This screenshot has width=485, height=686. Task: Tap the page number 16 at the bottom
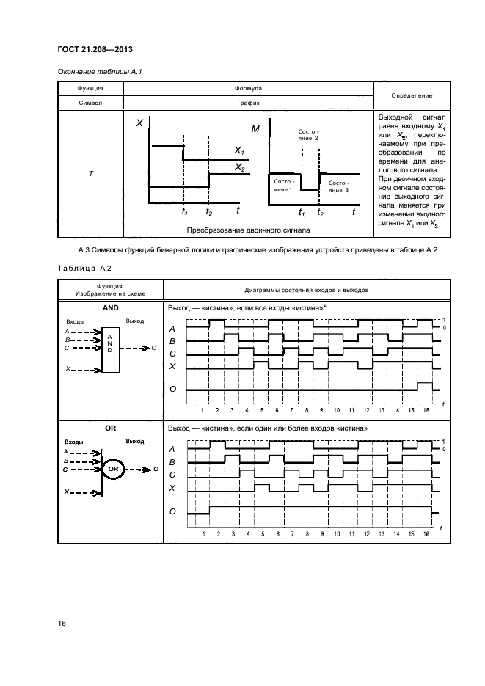point(62,623)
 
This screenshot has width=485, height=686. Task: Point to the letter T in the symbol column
point(90,172)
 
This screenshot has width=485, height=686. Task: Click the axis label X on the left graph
point(138,124)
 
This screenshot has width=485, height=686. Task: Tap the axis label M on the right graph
point(255,128)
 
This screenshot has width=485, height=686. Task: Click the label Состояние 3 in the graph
point(338,186)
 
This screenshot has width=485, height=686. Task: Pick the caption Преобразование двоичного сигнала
point(248,230)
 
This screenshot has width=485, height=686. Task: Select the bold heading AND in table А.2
point(109,308)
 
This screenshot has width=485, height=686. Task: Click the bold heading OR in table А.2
point(109,428)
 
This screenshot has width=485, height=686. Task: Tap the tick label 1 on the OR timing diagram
point(203,535)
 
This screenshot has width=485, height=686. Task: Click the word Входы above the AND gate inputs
point(75,321)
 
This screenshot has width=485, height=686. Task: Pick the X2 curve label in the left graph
point(239,167)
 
